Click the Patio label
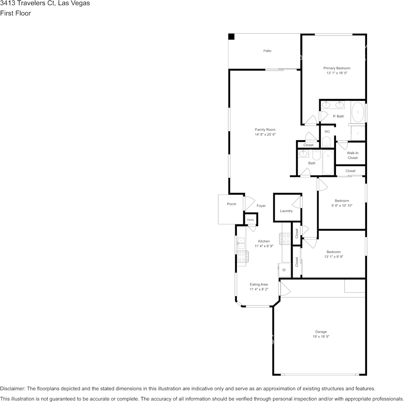[x=267, y=51]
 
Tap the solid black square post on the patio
[x=231, y=37]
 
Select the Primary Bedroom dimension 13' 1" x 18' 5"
[x=337, y=73]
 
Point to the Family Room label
[x=265, y=130]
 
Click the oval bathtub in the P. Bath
[x=358, y=113]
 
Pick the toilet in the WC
[x=327, y=142]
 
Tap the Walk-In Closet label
[x=353, y=155]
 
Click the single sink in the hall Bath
[x=303, y=154]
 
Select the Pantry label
[x=250, y=220]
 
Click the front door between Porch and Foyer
[x=249, y=204]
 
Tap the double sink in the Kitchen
[x=241, y=243]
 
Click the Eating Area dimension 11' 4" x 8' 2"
[x=259, y=289]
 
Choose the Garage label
[x=321, y=332]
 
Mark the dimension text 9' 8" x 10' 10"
[x=341, y=206]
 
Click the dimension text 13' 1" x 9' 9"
[x=334, y=257]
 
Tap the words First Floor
[x=15, y=13]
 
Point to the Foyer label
[x=261, y=206]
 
